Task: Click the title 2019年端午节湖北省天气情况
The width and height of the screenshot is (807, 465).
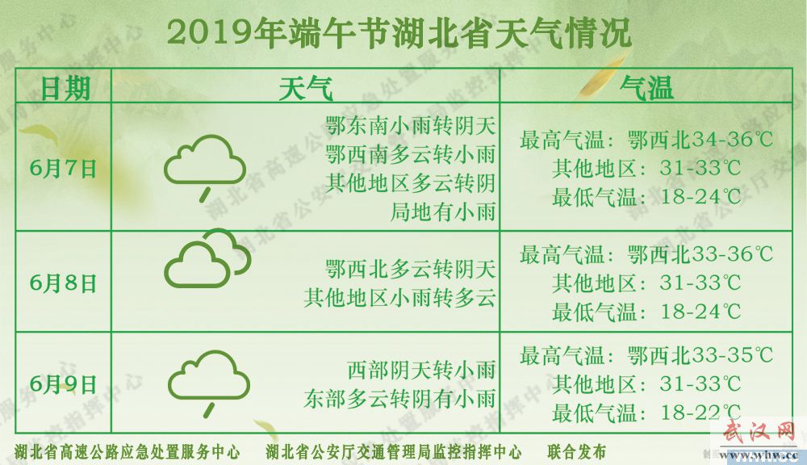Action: pos(399,35)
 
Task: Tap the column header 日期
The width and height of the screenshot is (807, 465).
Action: pos(65,88)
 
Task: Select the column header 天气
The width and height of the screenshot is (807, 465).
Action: pos(306,88)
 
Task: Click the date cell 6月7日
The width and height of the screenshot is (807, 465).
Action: pos(63,169)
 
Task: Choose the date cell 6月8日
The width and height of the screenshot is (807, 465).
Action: pos(63,283)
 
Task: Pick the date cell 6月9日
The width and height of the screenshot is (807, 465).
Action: pos(63,384)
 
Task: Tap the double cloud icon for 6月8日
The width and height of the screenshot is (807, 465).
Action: pos(207,258)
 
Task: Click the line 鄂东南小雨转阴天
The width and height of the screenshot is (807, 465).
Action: pos(411,126)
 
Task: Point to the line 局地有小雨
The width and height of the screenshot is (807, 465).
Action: pos(443,212)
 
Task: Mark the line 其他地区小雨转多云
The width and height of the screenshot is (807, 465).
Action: pos(400,298)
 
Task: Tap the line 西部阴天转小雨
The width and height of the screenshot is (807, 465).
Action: pos(421,370)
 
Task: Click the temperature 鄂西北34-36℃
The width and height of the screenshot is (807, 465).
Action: pos(700,139)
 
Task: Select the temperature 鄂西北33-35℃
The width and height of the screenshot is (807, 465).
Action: pos(700,354)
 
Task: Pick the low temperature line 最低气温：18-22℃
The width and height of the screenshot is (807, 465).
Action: pos(646,413)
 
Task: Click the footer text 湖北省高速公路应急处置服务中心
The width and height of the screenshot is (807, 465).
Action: pos(128,452)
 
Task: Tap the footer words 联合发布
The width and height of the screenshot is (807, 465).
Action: pos(577,452)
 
